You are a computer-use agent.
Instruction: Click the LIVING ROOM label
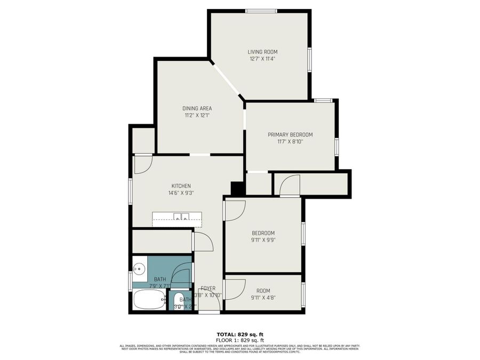click(262, 52)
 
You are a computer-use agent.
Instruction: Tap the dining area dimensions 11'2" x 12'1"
click(198, 115)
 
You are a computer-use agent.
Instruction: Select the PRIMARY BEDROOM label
click(290, 134)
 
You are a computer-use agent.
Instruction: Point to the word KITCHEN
click(181, 186)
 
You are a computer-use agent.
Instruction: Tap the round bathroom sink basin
click(139, 268)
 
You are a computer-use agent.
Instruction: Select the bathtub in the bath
click(149, 299)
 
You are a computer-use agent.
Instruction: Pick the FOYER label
click(208, 288)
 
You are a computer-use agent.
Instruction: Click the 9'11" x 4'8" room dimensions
click(263, 298)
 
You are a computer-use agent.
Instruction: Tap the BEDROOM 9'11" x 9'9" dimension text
click(263, 240)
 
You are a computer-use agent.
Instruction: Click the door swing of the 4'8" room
click(234, 289)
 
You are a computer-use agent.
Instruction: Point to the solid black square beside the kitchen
click(238, 188)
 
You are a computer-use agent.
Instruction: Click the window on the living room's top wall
click(261, 11)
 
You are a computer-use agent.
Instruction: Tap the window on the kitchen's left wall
click(131, 190)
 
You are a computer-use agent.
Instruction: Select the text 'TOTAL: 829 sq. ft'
click(240, 334)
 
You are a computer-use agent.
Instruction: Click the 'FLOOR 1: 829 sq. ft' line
click(240, 340)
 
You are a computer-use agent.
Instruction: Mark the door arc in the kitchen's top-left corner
click(142, 164)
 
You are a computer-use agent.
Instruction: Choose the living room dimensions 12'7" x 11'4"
click(262, 59)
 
